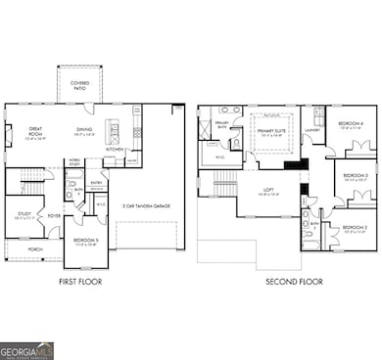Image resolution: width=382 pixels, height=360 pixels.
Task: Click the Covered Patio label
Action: tap(78, 85)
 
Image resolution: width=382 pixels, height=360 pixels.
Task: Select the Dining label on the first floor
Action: tap(84, 130)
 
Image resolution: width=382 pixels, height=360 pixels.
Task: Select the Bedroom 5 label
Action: tap(85, 240)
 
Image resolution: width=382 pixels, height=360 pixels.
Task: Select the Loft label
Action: tap(267, 192)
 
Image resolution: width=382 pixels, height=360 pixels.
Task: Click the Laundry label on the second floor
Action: tap(314, 129)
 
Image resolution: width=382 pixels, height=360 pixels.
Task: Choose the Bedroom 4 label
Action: tap(351, 124)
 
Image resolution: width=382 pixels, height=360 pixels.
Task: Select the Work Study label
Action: tap(73, 162)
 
